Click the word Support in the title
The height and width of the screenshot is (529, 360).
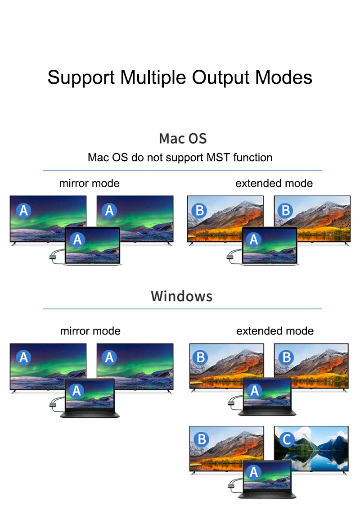[x=81, y=78]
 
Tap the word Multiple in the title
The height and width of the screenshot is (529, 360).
[x=153, y=78]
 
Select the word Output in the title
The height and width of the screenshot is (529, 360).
[x=221, y=78]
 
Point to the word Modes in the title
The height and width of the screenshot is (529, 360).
[x=284, y=77]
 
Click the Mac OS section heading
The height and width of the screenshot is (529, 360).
[x=183, y=138]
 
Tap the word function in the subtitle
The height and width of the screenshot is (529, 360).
[x=253, y=157]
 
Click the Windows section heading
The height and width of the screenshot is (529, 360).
[x=182, y=296]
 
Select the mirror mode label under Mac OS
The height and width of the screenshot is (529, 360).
[x=90, y=183]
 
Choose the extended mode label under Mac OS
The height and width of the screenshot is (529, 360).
[x=274, y=183]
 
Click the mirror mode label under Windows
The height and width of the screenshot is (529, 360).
[x=90, y=331]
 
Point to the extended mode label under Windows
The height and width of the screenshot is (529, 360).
[x=275, y=331]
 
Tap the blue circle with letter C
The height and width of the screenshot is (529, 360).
[x=287, y=439]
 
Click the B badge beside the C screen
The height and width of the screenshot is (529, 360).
[x=202, y=439]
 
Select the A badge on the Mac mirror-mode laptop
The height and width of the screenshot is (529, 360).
[x=77, y=240]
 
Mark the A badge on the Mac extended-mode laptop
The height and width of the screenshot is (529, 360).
[x=253, y=240]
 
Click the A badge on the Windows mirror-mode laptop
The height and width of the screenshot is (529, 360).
[x=76, y=391]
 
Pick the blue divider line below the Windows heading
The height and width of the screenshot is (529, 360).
[x=182, y=309]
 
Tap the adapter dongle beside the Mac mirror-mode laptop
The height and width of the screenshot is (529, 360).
[x=52, y=258]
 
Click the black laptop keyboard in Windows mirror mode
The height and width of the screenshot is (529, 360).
[x=90, y=414]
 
